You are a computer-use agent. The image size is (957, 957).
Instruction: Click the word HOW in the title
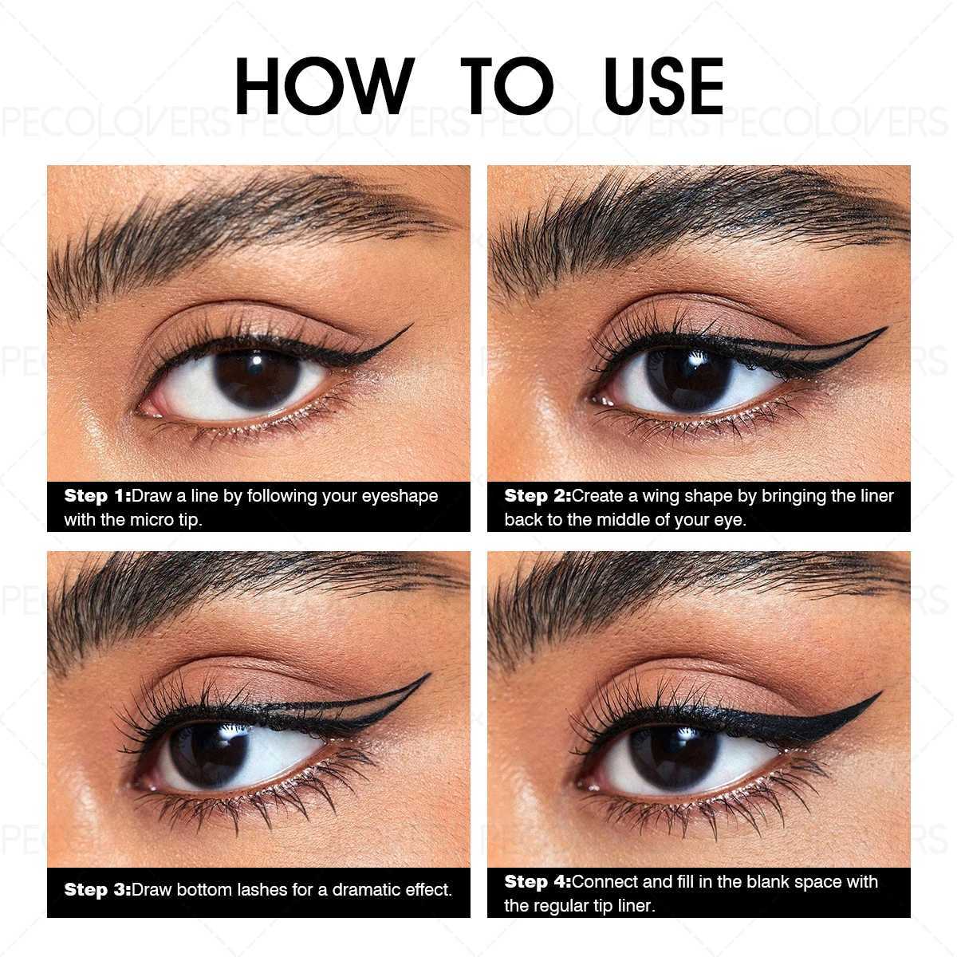[x=322, y=85]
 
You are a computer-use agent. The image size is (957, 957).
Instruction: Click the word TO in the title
[x=507, y=85]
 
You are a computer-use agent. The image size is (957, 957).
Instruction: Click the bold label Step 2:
[x=538, y=496]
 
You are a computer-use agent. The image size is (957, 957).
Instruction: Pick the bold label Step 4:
[x=538, y=882]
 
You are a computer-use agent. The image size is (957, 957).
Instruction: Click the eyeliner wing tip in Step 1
[x=408, y=326]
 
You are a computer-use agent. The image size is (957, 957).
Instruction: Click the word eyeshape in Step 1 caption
[x=400, y=496]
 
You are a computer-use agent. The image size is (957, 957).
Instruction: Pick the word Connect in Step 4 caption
[x=605, y=882]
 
